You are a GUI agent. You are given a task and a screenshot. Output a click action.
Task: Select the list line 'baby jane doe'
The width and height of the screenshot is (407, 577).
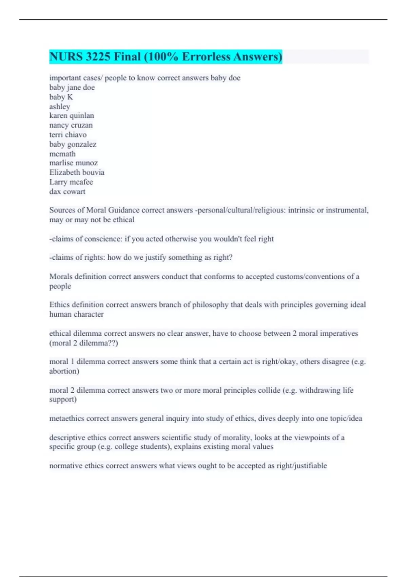point(72,88)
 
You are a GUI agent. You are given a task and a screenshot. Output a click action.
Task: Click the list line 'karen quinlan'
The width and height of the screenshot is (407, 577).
point(72,116)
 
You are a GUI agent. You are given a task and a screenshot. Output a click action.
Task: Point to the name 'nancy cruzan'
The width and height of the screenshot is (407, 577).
point(71,125)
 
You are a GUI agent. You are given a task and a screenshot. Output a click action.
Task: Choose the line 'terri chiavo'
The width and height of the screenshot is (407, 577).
point(68,135)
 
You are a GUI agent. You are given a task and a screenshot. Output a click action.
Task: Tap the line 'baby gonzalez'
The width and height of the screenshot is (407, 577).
point(73,144)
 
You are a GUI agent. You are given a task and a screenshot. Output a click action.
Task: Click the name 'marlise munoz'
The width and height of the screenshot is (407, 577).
point(74,163)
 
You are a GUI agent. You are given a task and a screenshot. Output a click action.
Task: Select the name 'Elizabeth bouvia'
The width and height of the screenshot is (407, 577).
point(77,172)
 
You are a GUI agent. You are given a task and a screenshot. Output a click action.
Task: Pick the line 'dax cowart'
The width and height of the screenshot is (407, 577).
point(67,191)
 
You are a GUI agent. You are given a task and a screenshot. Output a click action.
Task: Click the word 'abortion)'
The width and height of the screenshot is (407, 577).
point(64,371)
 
